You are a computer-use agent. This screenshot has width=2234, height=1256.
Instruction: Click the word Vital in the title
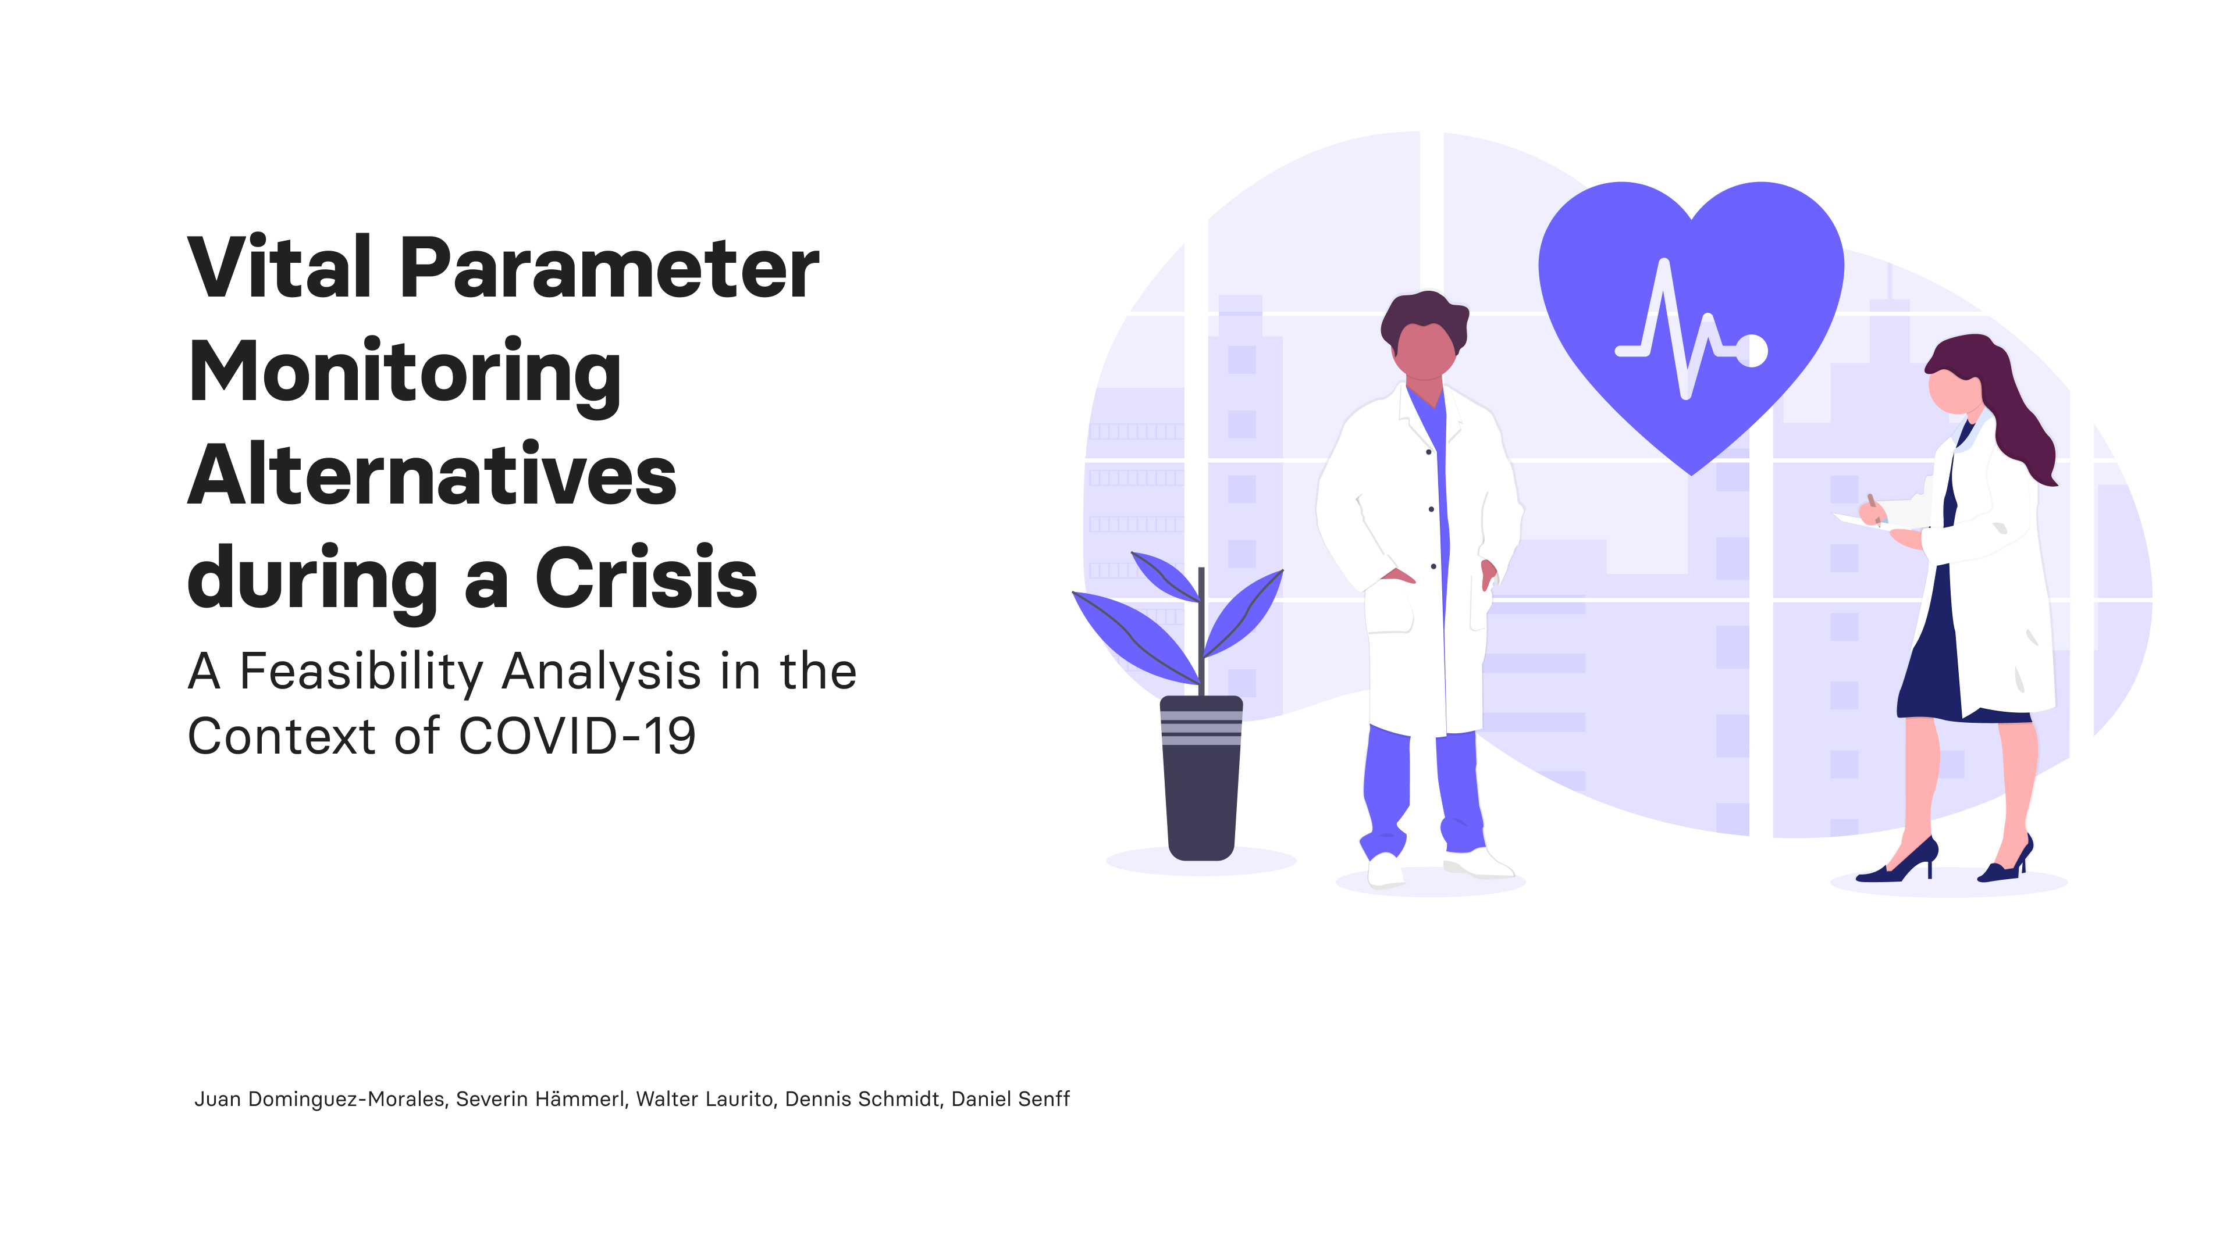tap(279, 268)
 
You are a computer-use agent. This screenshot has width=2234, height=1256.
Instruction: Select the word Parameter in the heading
tap(609, 268)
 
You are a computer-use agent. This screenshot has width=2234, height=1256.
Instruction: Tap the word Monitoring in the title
tap(404, 373)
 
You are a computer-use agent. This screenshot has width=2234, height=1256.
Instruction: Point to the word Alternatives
tap(431, 476)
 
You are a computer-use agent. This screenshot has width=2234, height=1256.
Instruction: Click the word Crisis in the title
tap(646, 578)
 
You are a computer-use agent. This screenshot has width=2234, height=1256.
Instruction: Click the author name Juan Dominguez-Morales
tap(320, 1099)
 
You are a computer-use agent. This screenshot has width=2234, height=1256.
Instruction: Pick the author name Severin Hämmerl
tap(540, 1099)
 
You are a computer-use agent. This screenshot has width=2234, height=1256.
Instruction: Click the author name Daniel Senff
tap(1011, 1099)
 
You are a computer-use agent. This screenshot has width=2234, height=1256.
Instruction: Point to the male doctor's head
tap(1424, 338)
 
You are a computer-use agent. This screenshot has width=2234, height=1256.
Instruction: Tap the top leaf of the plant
tap(1166, 576)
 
